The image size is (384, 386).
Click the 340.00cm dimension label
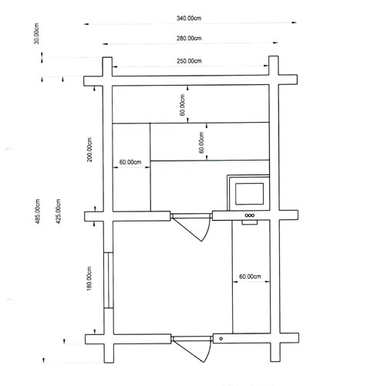[189, 19]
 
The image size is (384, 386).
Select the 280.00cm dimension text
[189, 39]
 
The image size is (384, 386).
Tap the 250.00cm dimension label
[189, 61]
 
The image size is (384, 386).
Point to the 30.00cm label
[36, 33]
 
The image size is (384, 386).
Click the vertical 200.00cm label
[89, 150]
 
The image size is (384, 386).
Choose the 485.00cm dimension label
[38, 212]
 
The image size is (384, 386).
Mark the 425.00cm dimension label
[59, 212]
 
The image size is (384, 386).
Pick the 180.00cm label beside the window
[89, 279]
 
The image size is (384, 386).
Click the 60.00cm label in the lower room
[250, 276]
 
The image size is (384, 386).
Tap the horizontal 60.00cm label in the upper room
[130, 162]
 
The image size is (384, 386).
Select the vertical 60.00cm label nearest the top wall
[182, 105]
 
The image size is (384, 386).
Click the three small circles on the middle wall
[250, 215]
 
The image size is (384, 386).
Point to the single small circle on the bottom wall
[221, 339]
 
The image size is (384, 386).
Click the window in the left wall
[109, 280]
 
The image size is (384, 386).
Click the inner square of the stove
[250, 194]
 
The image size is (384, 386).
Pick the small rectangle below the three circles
[250, 222]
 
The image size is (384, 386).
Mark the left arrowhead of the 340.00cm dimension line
[86, 24]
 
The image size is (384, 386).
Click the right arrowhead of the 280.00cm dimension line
[275, 42]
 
